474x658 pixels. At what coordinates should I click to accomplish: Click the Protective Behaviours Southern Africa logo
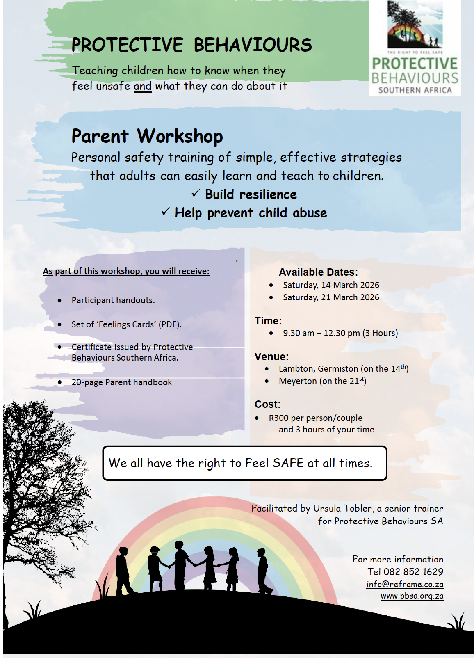pyautogui.click(x=415, y=48)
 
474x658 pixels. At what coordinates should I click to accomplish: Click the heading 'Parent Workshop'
pyautogui.click(x=147, y=136)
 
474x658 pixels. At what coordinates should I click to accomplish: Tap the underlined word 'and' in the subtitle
pyautogui.click(x=143, y=86)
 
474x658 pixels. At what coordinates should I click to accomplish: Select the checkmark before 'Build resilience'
pyautogui.click(x=196, y=194)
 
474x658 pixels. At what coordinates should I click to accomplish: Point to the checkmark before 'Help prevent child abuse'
pyautogui.click(x=166, y=212)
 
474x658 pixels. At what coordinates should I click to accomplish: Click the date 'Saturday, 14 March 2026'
pyautogui.click(x=331, y=285)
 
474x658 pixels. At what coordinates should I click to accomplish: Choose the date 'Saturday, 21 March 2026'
pyautogui.click(x=331, y=297)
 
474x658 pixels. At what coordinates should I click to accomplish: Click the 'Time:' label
pyautogui.click(x=268, y=321)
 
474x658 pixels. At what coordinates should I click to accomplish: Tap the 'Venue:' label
pyautogui.click(x=272, y=356)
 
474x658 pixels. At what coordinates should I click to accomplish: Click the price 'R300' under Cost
pyautogui.click(x=279, y=418)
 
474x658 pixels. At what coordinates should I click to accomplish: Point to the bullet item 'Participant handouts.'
pyautogui.click(x=113, y=300)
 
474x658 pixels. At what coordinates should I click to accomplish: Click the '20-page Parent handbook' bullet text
pyautogui.click(x=122, y=382)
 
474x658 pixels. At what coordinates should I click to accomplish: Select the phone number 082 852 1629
pyautogui.click(x=413, y=571)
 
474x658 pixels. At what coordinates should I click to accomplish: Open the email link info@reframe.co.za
pyautogui.click(x=405, y=584)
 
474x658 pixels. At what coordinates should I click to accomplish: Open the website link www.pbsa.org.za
pyautogui.click(x=412, y=596)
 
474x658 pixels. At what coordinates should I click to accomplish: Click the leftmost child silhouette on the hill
pyautogui.click(x=124, y=571)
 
